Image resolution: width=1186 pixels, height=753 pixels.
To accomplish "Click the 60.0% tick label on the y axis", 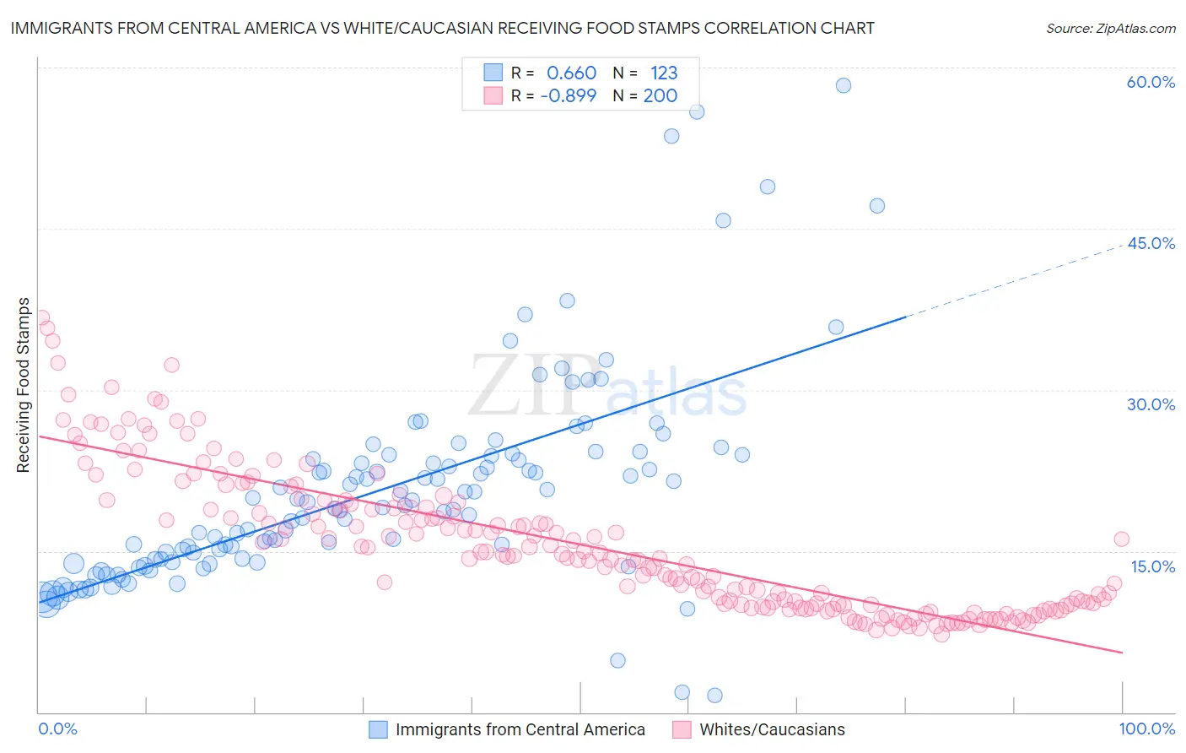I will click(1151, 82).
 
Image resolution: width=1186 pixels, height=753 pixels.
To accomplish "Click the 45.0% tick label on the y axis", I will click(1151, 243).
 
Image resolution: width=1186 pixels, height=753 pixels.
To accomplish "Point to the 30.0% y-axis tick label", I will click(1151, 404).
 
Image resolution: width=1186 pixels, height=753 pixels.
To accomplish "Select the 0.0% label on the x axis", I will click(57, 729).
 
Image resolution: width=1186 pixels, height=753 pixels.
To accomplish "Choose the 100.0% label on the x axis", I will click(1146, 729).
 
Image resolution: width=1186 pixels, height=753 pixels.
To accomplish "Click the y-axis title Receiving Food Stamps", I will click(24, 385).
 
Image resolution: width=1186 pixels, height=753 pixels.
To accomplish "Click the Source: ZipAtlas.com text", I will click(1110, 28).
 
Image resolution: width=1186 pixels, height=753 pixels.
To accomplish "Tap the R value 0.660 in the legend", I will click(571, 73).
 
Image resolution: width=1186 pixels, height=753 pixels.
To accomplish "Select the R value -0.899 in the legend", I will click(568, 95).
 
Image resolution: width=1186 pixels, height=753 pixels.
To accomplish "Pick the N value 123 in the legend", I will click(664, 73).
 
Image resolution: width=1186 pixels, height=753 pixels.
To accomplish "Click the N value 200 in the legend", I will click(660, 95).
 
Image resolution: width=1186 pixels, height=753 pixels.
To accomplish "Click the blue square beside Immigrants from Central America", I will click(378, 729).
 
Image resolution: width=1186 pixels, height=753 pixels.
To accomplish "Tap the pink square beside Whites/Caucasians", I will click(682, 729).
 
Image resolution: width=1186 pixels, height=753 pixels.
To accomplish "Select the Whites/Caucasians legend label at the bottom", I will click(772, 729).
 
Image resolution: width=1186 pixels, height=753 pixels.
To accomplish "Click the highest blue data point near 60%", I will click(843, 85).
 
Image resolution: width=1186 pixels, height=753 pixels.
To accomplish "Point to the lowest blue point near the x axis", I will click(714, 696).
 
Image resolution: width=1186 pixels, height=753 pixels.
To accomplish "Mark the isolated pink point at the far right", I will click(1121, 539).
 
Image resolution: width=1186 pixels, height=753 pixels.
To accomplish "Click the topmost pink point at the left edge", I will click(40, 318).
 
